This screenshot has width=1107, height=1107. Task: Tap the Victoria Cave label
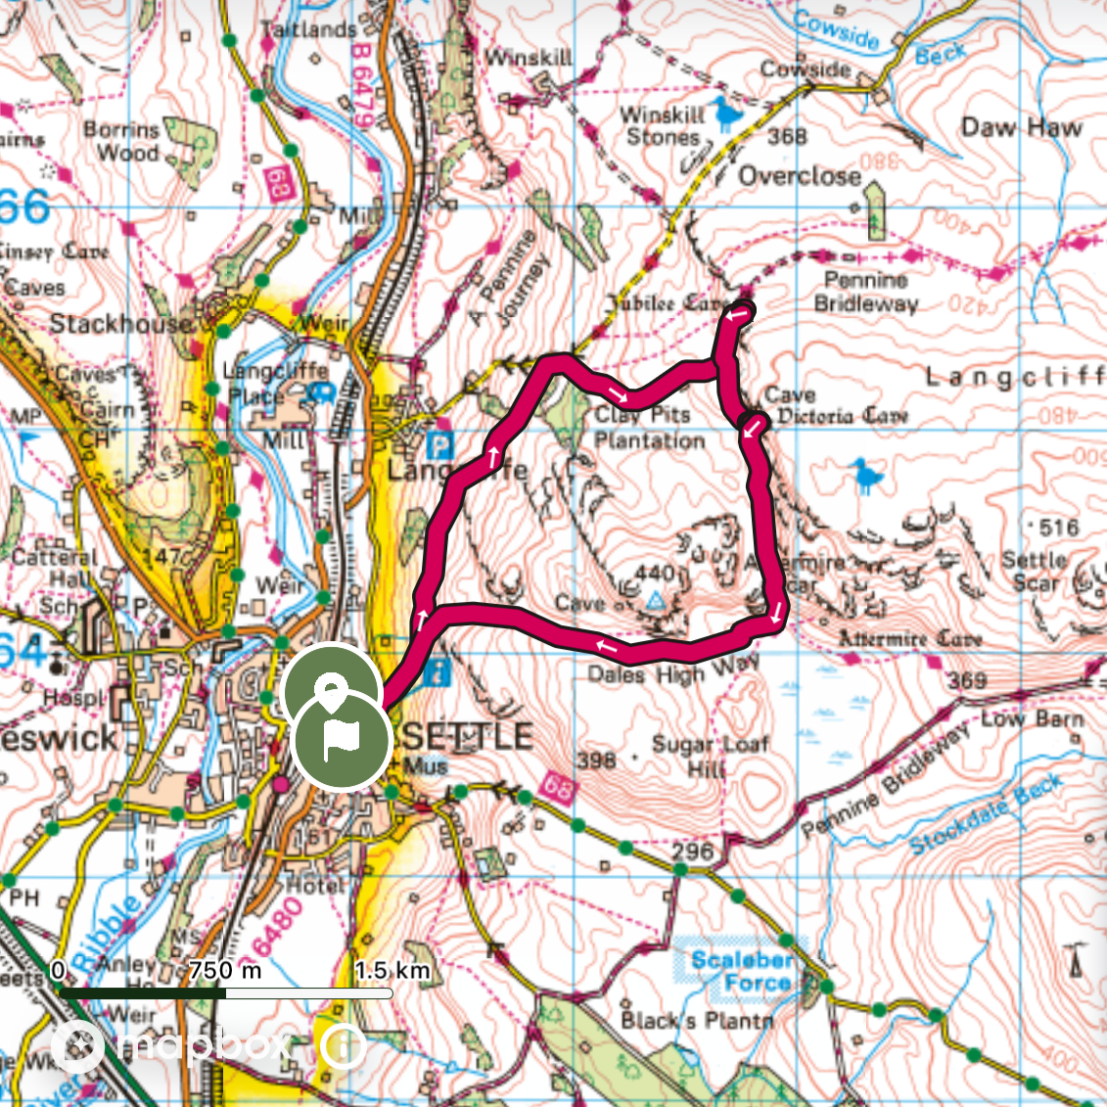pyautogui.click(x=843, y=416)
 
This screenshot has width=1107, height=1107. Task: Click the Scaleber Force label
pyautogui.click(x=741, y=971)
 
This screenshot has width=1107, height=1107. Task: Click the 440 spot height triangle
pyautogui.click(x=655, y=599)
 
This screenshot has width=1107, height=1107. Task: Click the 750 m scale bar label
pyautogui.click(x=225, y=970)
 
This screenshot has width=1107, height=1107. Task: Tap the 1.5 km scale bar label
pyautogui.click(x=392, y=970)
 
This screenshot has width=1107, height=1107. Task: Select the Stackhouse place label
pyautogui.click(x=121, y=324)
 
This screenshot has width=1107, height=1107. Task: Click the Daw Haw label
pyautogui.click(x=1021, y=127)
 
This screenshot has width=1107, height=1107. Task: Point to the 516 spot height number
pyautogui.click(x=1058, y=528)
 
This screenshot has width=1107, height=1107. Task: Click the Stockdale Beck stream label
pyautogui.click(x=986, y=812)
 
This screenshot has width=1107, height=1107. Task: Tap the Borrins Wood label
pyautogui.click(x=122, y=141)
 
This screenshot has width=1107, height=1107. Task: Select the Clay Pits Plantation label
pyautogui.click(x=648, y=428)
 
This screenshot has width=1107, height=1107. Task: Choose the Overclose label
pyautogui.click(x=799, y=176)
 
